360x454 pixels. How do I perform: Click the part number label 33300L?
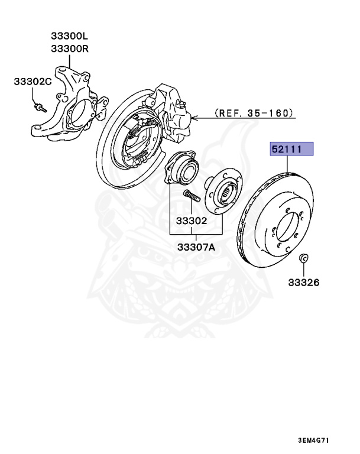(x=69, y=37)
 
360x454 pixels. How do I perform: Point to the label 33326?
(x=304, y=283)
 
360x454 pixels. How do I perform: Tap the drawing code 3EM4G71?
(x=323, y=440)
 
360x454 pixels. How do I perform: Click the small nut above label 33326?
(x=303, y=258)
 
